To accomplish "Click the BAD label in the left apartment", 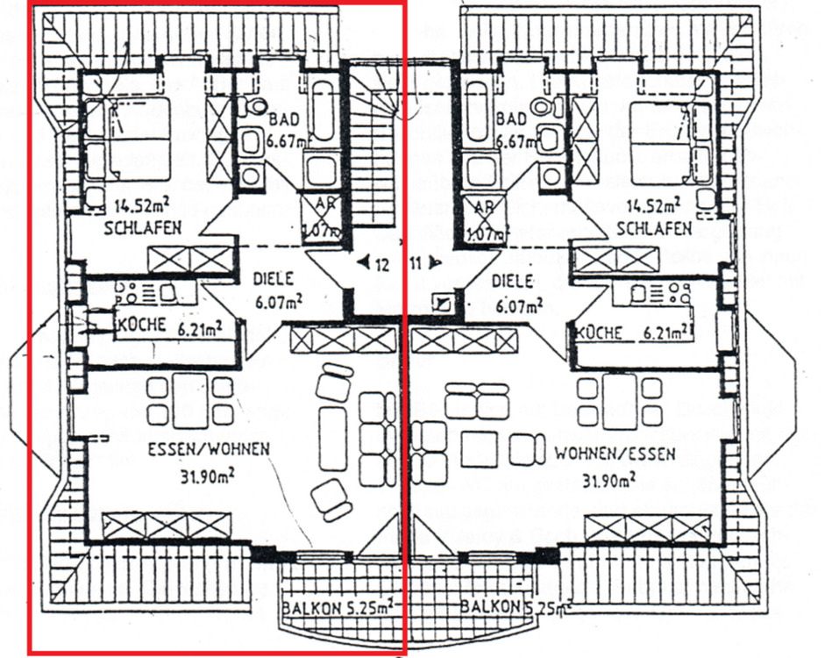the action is (x=284, y=118).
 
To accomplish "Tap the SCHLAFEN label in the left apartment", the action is (x=142, y=228).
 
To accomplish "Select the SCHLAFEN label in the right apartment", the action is (x=652, y=228).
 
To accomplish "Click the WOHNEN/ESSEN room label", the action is (x=615, y=454).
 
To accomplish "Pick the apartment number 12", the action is (x=383, y=262).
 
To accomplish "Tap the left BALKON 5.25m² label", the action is (x=337, y=607).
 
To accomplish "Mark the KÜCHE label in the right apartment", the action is (x=601, y=333).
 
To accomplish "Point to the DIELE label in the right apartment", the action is (x=513, y=283).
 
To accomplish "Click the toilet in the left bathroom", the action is (x=256, y=108).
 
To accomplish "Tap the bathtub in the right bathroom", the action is (x=478, y=111).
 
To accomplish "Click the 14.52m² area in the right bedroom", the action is (x=653, y=207).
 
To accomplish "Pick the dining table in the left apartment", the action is (x=189, y=400).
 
